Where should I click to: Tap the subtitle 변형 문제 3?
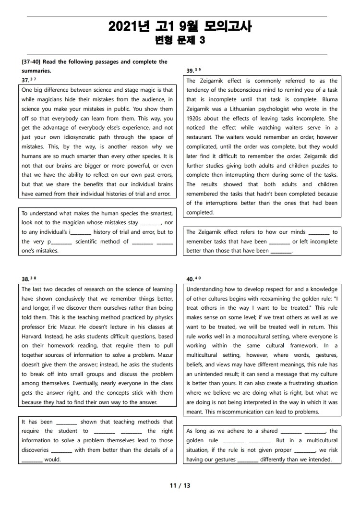point(180,40)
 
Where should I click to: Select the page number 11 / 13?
point(180,485)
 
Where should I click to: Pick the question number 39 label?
point(190,71)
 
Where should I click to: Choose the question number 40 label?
point(190,279)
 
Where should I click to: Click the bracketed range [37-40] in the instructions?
point(32,61)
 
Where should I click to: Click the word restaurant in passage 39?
point(201,137)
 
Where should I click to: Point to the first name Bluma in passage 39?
point(329,99)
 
